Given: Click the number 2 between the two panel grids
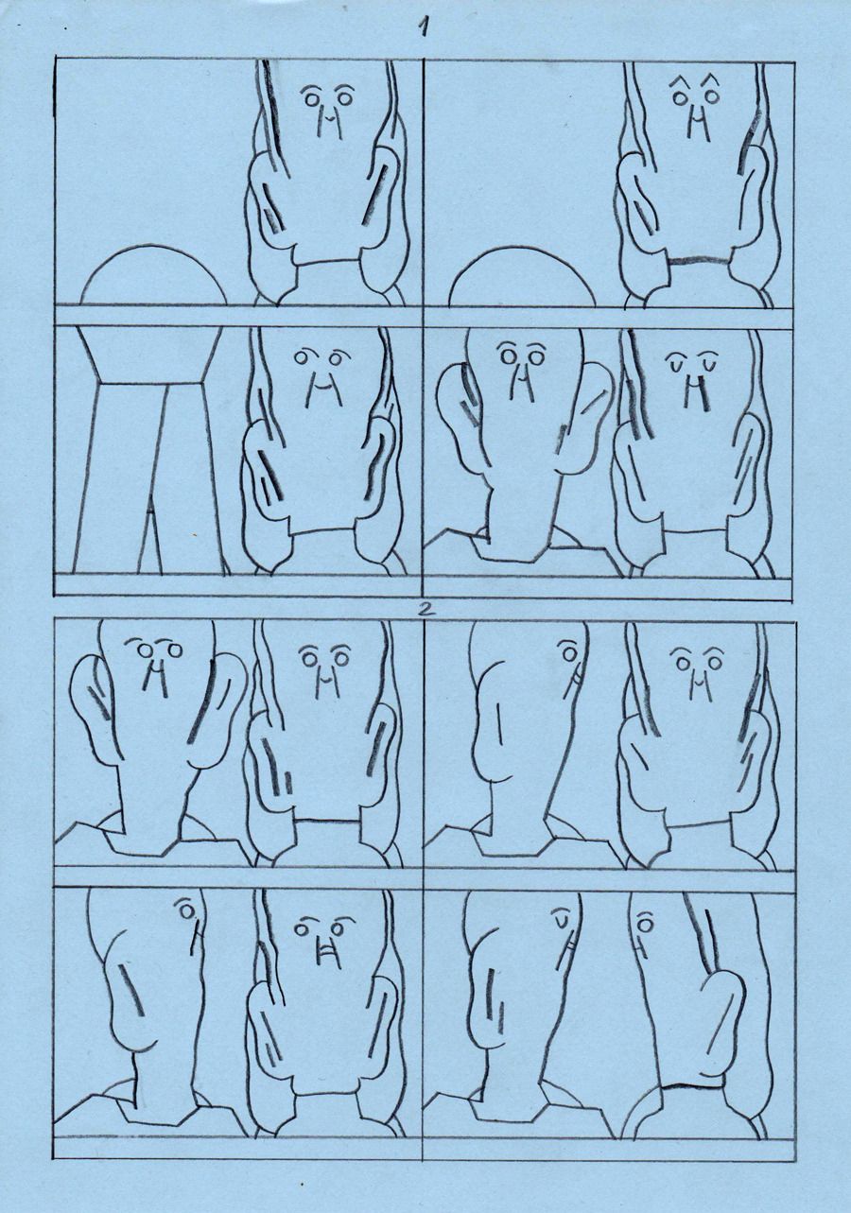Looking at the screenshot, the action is point(425,608).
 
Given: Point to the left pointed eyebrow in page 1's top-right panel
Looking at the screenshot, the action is point(679,82).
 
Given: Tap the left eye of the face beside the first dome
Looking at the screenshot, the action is point(311,98).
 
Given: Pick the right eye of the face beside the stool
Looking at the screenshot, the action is point(337,358).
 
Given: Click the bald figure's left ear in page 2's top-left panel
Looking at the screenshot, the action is point(92,706).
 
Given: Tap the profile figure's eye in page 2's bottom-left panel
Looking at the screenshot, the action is point(187,912).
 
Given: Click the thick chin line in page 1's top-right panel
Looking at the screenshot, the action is point(700,260).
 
